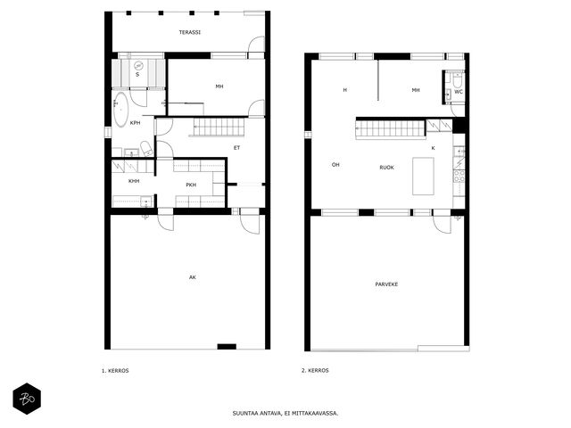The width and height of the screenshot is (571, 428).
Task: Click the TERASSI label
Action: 190,32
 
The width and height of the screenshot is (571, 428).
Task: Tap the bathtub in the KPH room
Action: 120,109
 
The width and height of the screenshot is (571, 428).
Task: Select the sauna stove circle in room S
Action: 138,66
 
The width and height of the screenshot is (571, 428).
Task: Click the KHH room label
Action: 134,181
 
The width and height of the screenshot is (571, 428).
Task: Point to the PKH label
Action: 191,185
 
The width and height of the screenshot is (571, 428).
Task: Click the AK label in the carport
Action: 193,277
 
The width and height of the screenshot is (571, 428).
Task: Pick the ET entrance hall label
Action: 236,148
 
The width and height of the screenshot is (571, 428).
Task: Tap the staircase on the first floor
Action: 217,127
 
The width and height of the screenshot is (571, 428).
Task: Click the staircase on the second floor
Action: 391,128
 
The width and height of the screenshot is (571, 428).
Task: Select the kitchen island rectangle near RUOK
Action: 423,177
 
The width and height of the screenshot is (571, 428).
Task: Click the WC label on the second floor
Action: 459,92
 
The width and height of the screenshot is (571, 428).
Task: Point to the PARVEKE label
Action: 386,284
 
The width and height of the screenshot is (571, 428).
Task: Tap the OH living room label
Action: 335,165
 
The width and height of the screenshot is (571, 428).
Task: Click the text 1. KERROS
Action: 115,371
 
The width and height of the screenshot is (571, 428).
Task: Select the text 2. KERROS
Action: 315,371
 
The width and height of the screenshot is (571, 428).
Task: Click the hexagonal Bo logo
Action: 27,399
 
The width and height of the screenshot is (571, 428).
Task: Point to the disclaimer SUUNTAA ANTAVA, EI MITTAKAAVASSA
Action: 285,414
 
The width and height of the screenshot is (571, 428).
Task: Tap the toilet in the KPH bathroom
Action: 147,149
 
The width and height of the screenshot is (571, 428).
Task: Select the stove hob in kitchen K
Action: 459,177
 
